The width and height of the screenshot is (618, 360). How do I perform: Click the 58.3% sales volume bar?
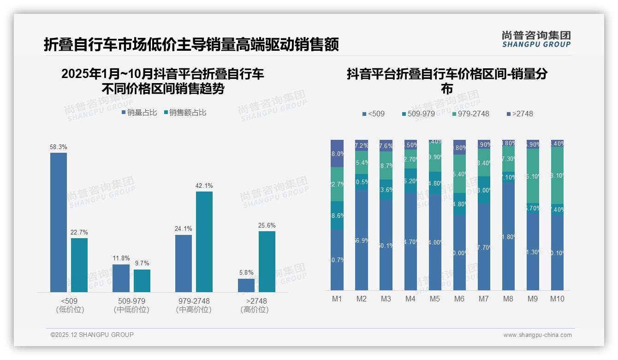(59, 222)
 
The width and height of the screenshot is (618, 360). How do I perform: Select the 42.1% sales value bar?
(204, 241)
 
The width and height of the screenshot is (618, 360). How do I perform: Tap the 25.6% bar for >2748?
(267, 261)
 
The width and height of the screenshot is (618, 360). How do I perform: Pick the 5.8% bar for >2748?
(246, 285)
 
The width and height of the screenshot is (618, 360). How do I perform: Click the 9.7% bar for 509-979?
(142, 281)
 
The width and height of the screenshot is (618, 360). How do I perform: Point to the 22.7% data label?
(79, 232)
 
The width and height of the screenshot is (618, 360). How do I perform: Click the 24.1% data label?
(184, 228)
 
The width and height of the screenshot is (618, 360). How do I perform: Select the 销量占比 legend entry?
(139, 112)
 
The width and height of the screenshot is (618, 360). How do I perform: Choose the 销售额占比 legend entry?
(185, 112)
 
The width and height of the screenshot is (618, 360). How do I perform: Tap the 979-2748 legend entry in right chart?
(470, 114)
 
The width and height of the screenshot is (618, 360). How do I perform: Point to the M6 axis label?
(459, 299)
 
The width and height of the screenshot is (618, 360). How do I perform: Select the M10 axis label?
(557, 299)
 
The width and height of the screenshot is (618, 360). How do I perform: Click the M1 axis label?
(337, 299)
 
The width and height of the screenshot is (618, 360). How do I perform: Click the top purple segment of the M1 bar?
(337, 153)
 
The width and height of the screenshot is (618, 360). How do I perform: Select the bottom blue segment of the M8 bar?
(508, 236)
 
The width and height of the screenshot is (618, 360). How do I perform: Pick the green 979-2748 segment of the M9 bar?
(533, 176)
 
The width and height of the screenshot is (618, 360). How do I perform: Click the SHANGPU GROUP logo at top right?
(536, 39)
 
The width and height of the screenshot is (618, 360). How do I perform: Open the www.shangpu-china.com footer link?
(537, 335)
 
